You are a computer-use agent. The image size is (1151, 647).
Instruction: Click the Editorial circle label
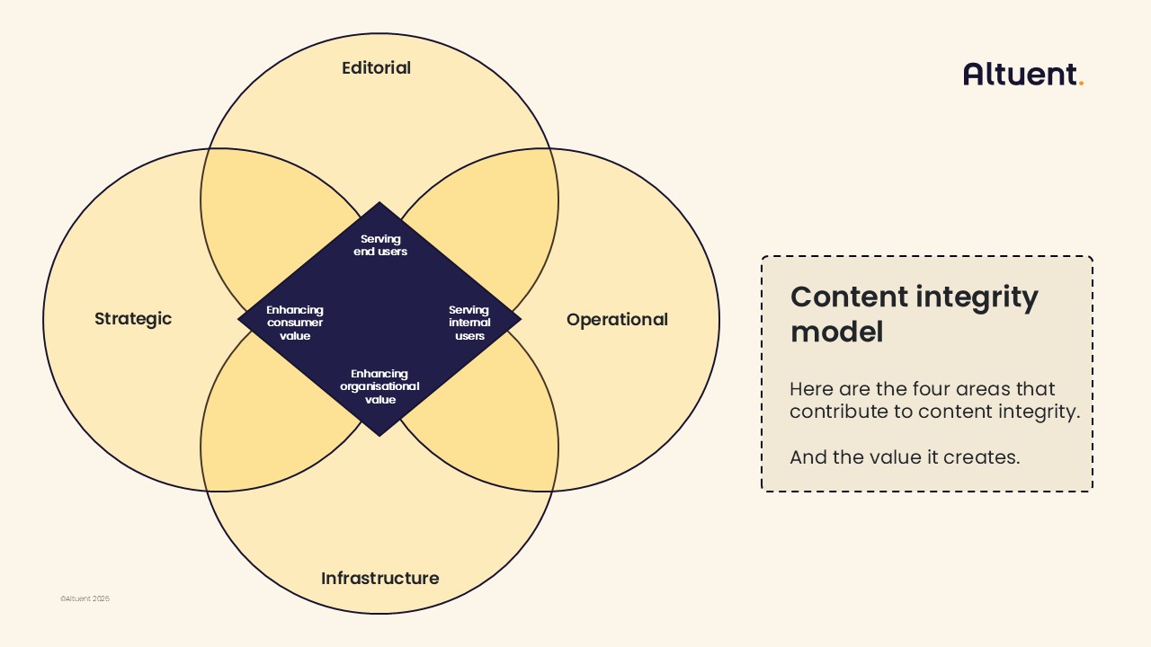pyautogui.click(x=376, y=68)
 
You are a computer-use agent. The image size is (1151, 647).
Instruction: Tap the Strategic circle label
pyautogui.click(x=133, y=319)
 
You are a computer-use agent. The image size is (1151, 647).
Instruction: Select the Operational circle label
pyautogui.click(x=617, y=320)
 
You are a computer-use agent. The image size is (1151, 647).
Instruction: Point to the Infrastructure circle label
pyautogui.click(x=380, y=579)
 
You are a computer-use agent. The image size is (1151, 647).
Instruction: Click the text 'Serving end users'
pyautogui.click(x=380, y=245)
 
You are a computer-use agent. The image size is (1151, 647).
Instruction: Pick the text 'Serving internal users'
pyautogui.click(x=469, y=323)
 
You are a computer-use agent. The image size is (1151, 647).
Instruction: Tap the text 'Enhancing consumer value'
pyautogui.click(x=295, y=323)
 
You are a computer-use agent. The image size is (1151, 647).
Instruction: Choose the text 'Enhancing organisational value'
pyautogui.click(x=379, y=386)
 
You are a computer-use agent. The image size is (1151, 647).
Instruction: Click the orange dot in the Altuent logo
pyautogui.click(x=1081, y=84)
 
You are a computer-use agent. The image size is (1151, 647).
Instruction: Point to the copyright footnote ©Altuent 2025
pyautogui.click(x=85, y=598)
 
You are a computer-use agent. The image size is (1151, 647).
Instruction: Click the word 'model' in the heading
pyautogui.click(x=836, y=332)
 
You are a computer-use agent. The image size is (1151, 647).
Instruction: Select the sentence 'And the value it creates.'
pyautogui.click(x=905, y=457)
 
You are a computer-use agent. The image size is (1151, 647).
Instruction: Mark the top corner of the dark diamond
pyautogui.click(x=379, y=204)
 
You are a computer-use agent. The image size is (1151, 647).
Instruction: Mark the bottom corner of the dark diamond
pyautogui.click(x=379, y=435)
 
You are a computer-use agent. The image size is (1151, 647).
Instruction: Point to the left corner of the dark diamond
pyautogui.click(x=240, y=319)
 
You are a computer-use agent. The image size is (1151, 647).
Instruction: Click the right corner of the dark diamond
pyautogui.click(x=519, y=319)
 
